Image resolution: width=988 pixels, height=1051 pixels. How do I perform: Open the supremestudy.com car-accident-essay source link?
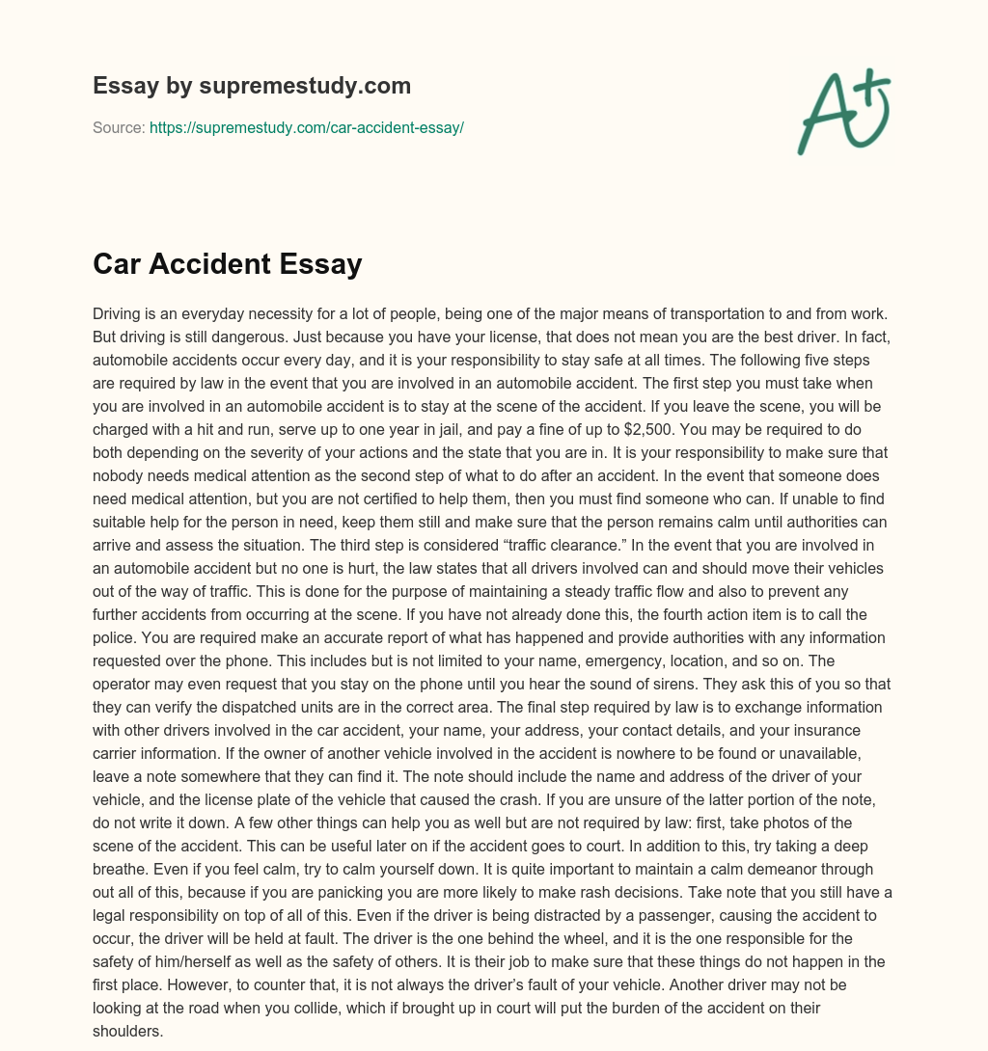(x=307, y=127)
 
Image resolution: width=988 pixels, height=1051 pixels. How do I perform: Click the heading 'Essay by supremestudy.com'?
(x=252, y=86)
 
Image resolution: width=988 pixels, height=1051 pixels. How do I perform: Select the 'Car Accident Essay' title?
(x=227, y=263)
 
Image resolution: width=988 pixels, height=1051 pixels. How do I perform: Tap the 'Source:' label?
(x=119, y=127)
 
